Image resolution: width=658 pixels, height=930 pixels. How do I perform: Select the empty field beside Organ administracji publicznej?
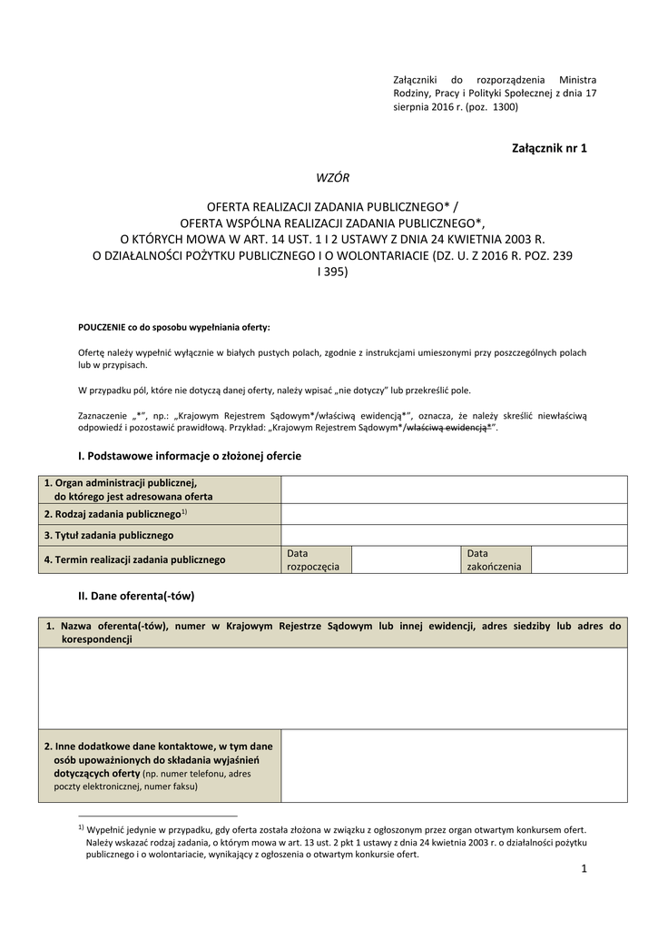454,490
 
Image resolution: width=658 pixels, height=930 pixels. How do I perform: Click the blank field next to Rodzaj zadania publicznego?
454,514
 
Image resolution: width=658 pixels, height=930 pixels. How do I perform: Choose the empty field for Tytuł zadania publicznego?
454,535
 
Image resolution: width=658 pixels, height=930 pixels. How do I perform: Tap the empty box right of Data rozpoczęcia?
405,559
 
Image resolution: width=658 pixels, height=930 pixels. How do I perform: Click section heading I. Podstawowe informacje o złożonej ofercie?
191,456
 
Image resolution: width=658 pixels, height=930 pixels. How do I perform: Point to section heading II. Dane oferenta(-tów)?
137,596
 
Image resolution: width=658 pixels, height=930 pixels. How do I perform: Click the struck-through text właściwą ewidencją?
448,428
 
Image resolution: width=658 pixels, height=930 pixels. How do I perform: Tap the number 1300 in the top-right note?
504,107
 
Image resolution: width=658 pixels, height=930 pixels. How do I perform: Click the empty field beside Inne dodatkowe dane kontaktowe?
454,766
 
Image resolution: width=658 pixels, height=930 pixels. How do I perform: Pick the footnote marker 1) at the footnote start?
81,827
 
